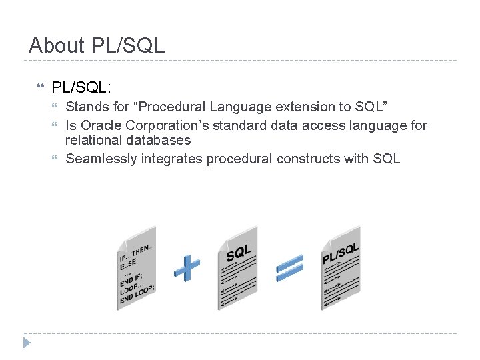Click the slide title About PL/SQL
pyautogui.click(x=97, y=46)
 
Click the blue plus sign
pyautogui.click(x=187, y=267)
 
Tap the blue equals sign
pyautogui.click(x=290, y=268)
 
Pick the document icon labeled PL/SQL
pyautogui.click(x=340, y=274)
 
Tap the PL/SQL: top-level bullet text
pyautogui.click(x=81, y=87)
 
